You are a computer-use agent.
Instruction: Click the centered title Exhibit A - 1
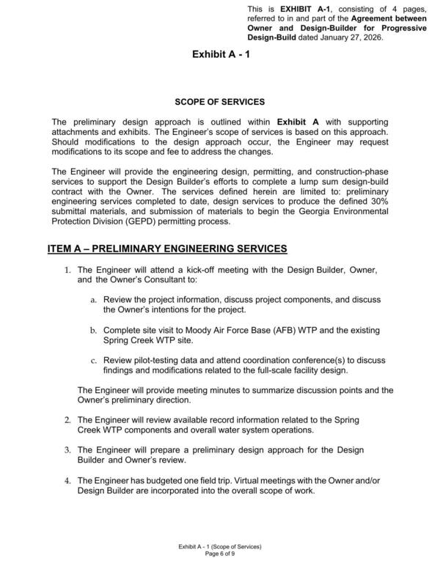(221, 54)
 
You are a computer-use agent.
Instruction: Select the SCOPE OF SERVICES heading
(220, 101)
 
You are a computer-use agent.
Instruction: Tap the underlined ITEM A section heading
(167, 249)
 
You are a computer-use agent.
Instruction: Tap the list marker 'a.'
(94, 301)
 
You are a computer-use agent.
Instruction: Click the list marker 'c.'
(94, 361)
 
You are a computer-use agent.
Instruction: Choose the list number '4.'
(67, 480)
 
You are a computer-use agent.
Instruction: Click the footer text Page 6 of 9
(220, 555)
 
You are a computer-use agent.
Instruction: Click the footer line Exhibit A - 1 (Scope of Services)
(220, 548)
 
